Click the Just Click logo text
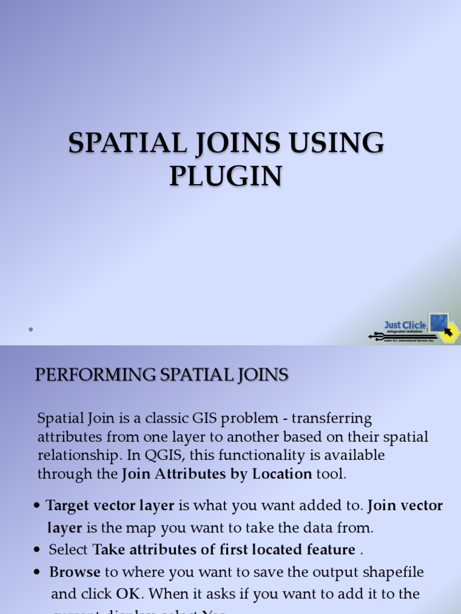click(x=405, y=325)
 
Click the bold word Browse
click(x=74, y=572)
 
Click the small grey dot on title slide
click(x=29, y=329)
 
